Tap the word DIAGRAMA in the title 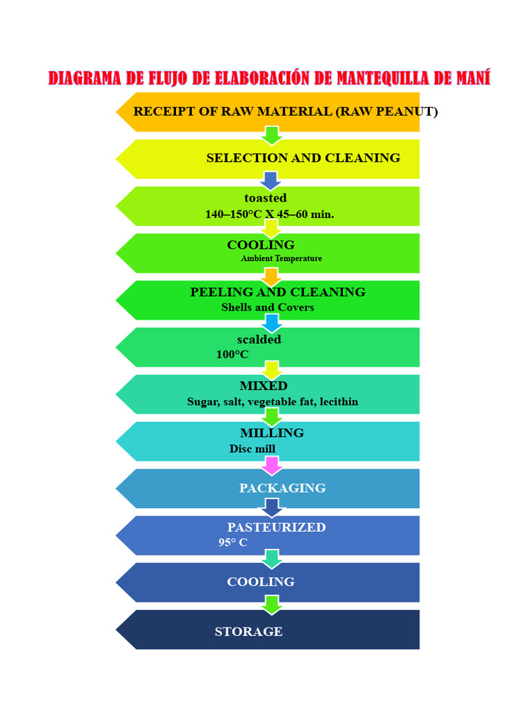85,77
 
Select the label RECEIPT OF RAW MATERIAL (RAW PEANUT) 285,112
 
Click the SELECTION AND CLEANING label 303,158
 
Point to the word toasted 265,199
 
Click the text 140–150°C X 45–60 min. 269,215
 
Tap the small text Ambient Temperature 281,259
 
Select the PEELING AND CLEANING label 277,292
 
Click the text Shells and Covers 267,308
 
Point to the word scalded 259,340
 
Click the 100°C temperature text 232,355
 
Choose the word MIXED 263,386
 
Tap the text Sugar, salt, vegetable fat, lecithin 272,402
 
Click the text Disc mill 252,449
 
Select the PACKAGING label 282,488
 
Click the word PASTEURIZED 276,527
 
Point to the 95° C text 233,543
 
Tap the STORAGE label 248,632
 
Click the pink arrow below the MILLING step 272,465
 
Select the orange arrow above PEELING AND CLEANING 272,277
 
